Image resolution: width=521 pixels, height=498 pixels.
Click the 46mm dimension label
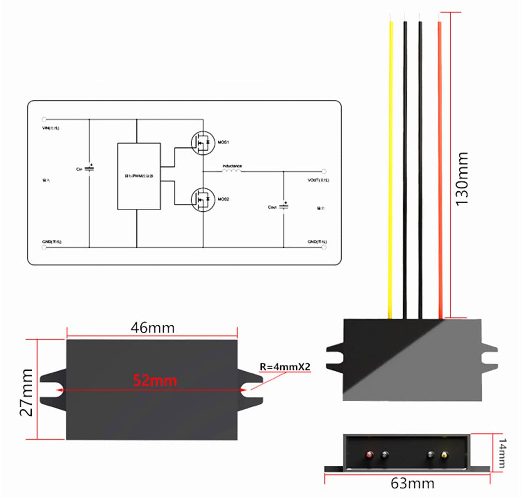[x=152, y=328]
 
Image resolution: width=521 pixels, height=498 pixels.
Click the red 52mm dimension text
[x=155, y=381]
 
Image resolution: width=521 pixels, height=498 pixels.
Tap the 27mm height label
[x=27, y=392]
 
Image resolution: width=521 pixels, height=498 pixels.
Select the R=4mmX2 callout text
[x=285, y=367]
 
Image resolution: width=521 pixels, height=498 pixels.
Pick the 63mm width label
[x=412, y=483]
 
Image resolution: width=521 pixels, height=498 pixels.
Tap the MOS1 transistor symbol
[x=203, y=142]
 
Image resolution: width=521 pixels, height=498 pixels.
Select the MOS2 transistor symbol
[x=203, y=199]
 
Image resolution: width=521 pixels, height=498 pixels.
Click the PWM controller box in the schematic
[x=139, y=176]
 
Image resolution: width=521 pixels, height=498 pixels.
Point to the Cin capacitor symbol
[x=89, y=168]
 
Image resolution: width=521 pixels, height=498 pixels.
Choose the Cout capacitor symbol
[x=284, y=206]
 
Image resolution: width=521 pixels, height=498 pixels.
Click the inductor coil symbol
[x=232, y=171]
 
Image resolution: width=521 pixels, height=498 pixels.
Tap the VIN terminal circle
[x=44, y=119]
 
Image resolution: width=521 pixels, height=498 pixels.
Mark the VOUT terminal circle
[x=323, y=171]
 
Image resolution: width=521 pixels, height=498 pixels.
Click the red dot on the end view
[x=369, y=455]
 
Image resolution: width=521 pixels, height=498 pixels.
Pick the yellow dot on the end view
[x=444, y=455]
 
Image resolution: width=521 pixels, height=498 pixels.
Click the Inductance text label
[x=232, y=166]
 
